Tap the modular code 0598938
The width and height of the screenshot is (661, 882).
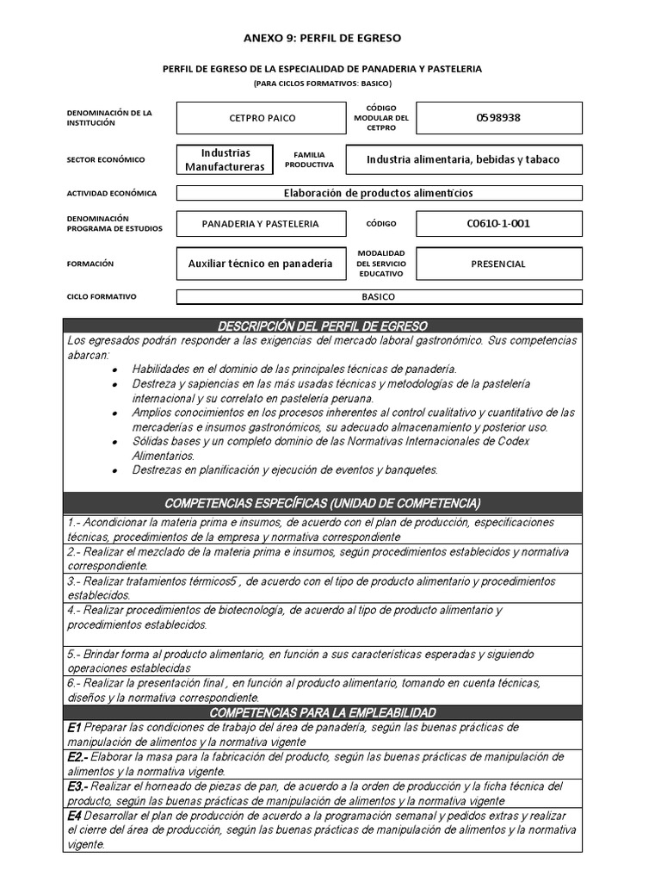pyautogui.click(x=498, y=118)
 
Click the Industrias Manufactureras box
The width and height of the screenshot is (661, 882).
pyautogui.click(x=225, y=159)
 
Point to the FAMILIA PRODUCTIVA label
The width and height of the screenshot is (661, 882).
pyautogui.click(x=309, y=159)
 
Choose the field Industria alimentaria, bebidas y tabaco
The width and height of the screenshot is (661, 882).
pyautogui.click(x=463, y=159)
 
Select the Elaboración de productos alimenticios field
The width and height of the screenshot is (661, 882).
pyautogui.click(x=379, y=194)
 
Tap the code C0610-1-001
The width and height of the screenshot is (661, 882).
pyautogui.click(x=498, y=224)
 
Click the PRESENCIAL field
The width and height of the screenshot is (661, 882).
pyautogui.click(x=498, y=264)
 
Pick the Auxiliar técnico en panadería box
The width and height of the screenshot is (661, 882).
pyautogui.click(x=260, y=264)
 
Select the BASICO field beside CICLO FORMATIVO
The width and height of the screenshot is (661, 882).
pyautogui.click(x=379, y=297)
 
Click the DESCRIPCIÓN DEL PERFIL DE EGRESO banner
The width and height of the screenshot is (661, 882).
pyautogui.click(x=322, y=326)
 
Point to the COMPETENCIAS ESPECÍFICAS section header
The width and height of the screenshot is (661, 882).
pyautogui.click(x=322, y=503)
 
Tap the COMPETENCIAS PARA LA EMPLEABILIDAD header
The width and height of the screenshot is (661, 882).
pyautogui.click(x=322, y=712)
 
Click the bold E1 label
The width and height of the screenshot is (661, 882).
pyautogui.click(x=74, y=728)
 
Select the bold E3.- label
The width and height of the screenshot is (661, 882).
pyautogui.click(x=77, y=786)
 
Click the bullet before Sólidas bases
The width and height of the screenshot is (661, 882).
pyautogui.click(x=114, y=441)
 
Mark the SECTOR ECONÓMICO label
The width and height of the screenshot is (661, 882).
pyautogui.click(x=106, y=159)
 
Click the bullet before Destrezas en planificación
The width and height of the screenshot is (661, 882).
pyautogui.click(x=114, y=470)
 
